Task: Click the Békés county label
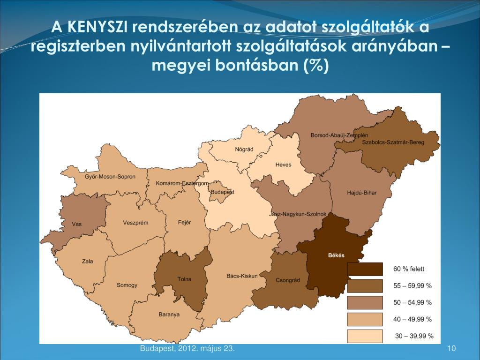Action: pos(335,255)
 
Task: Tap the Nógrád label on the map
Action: pos(244,150)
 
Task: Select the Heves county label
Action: pos(283,165)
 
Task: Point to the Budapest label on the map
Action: pos(222,192)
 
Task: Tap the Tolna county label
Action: pos(184,279)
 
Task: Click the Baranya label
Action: pos(169,315)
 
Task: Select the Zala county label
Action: pos(87,261)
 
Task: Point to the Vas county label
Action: pos(76,224)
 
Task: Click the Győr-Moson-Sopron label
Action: pos(110,177)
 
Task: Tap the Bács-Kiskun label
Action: pos(242,276)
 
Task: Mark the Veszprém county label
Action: pos(135,223)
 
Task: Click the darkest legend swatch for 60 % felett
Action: pos(364,269)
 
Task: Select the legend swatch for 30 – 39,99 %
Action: pos(364,336)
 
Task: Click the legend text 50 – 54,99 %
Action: pos(412,302)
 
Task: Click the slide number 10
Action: pos(452,348)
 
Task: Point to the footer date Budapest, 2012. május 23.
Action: pos(187,348)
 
